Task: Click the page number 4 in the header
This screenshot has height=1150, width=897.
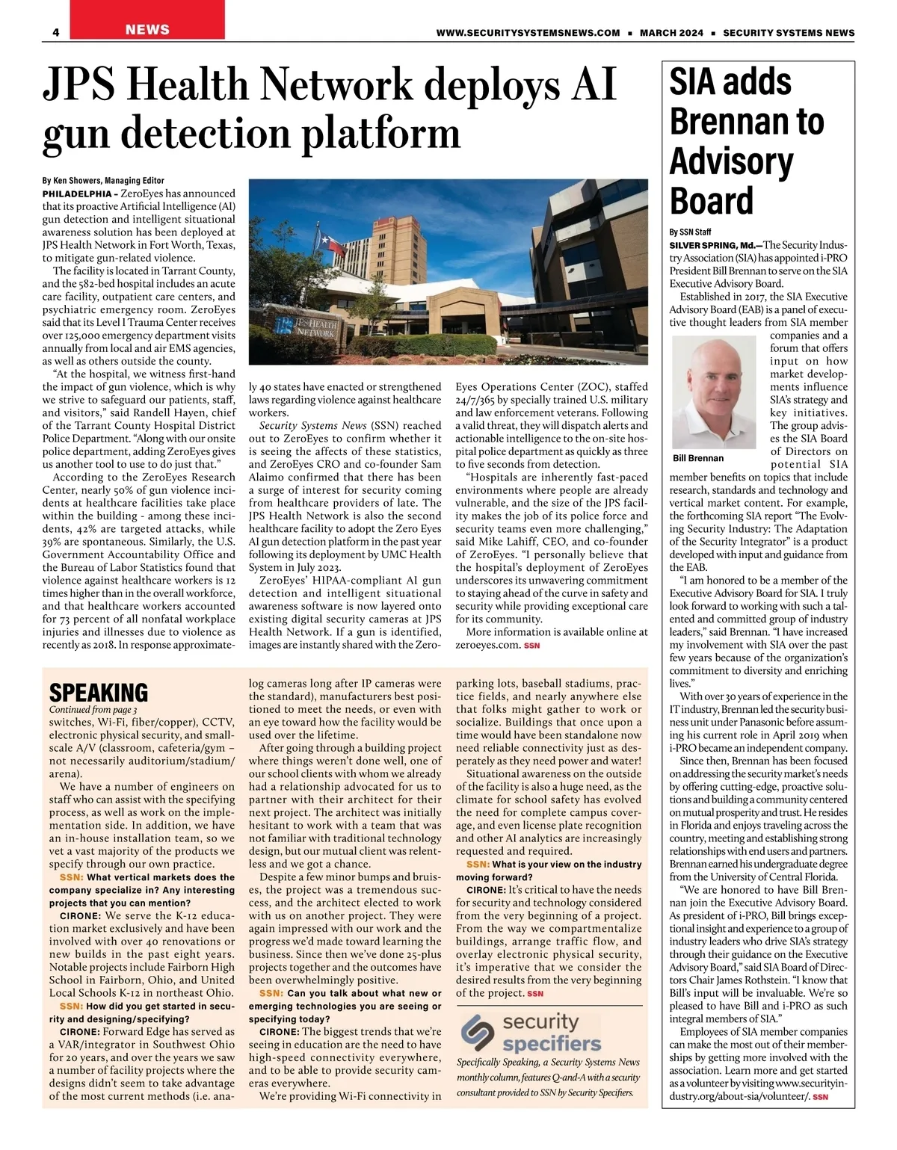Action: (x=56, y=33)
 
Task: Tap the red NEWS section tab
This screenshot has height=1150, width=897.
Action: (x=147, y=30)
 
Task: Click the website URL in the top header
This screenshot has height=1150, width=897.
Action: (x=528, y=33)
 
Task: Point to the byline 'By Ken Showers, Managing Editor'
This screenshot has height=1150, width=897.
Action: (x=103, y=181)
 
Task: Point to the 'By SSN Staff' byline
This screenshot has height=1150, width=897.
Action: (x=690, y=232)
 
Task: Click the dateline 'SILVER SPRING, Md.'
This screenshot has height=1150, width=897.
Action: (x=711, y=245)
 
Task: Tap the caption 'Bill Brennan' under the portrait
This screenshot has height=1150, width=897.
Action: (x=698, y=457)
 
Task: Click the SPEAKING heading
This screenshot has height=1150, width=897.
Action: (x=98, y=692)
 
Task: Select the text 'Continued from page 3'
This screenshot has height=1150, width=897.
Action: (x=93, y=709)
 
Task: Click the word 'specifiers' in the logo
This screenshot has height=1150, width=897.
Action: (x=552, y=1043)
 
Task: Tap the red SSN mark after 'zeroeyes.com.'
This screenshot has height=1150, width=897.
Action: (x=531, y=645)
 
